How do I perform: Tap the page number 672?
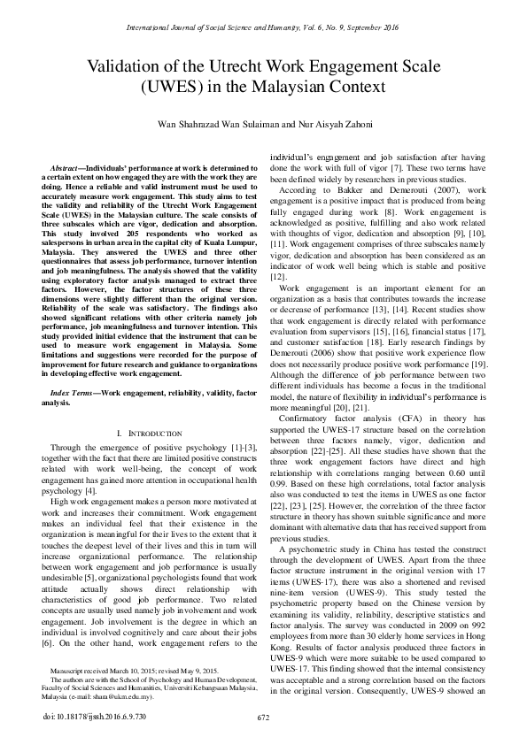pyautogui.click(x=263, y=717)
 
